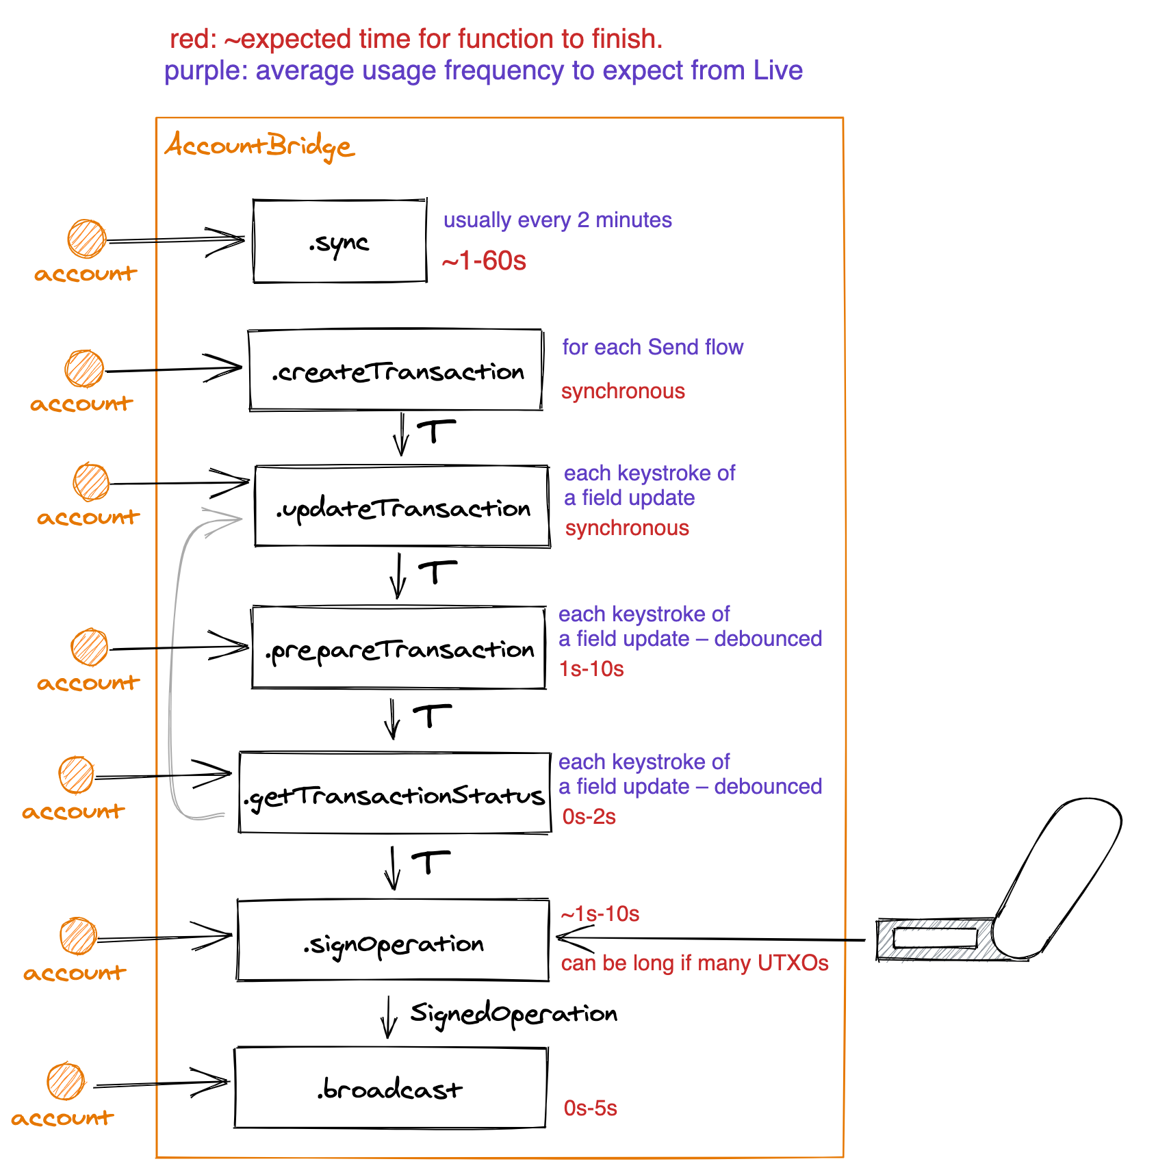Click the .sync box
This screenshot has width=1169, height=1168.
[x=339, y=241]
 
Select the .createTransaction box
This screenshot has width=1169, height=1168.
[x=396, y=370]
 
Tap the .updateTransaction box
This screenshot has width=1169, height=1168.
[x=402, y=506]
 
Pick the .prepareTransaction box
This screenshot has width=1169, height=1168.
[x=398, y=648]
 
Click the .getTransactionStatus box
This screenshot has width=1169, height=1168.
[x=395, y=793]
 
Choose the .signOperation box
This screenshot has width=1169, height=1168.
[x=393, y=941]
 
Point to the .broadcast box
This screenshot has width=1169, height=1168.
[x=390, y=1088]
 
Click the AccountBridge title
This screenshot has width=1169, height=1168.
[x=259, y=146]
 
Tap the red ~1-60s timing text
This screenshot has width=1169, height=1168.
[x=484, y=261]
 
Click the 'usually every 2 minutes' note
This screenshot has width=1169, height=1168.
[x=557, y=220]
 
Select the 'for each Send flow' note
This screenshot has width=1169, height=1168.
[x=652, y=347]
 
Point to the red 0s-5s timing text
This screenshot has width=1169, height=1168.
[x=590, y=1108]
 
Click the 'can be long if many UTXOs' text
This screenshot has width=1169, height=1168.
[x=694, y=963]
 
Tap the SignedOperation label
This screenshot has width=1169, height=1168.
[x=513, y=1013]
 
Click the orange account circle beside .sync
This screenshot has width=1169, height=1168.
[x=87, y=239]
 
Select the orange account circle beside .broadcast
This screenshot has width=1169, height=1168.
[x=66, y=1082]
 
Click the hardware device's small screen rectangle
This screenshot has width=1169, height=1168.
[x=935, y=938]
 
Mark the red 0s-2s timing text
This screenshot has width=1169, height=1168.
[x=589, y=816]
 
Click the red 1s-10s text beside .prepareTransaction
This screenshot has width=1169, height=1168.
[x=591, y=669]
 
